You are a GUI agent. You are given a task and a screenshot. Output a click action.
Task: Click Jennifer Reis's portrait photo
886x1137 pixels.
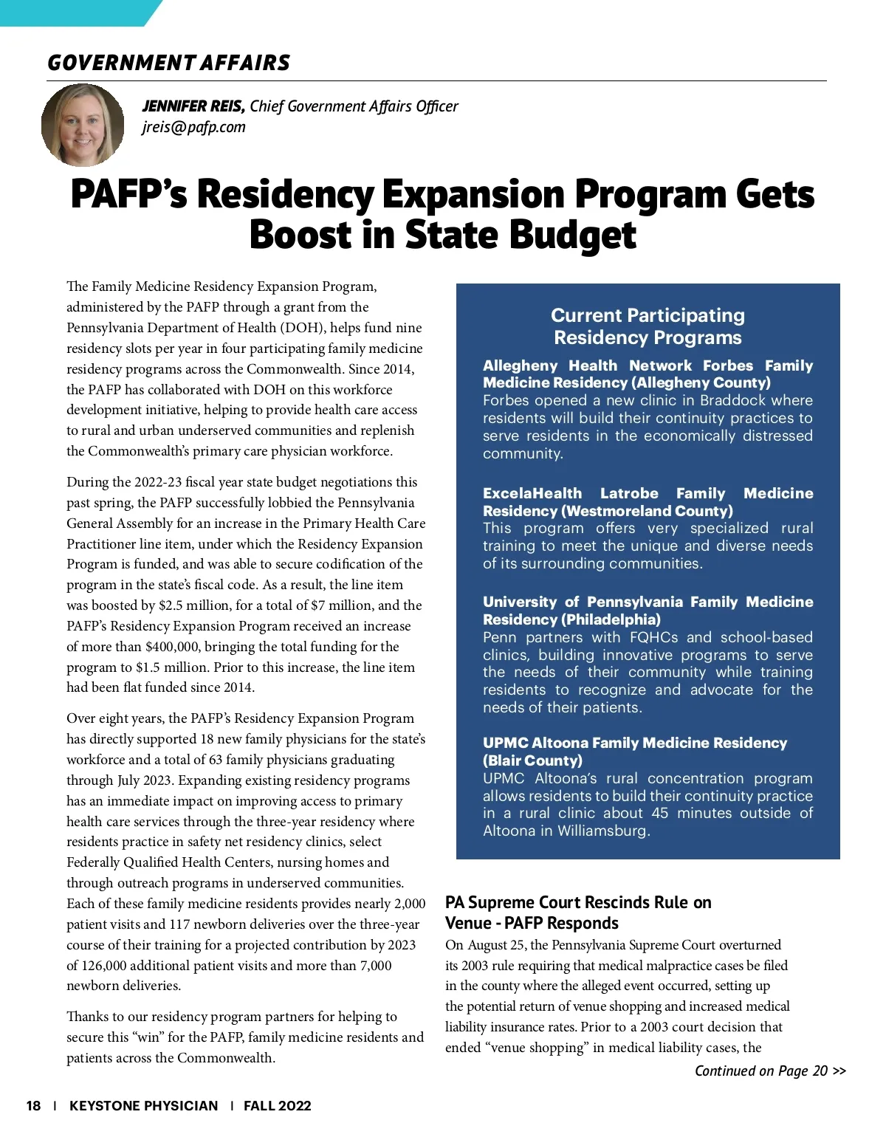point(83,125)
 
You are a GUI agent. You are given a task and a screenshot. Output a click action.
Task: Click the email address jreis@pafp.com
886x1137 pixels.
point(193,127)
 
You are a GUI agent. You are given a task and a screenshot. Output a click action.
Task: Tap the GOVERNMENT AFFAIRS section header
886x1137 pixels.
point(169,63)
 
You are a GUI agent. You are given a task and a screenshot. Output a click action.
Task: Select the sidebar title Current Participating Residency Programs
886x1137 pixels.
point(648,326)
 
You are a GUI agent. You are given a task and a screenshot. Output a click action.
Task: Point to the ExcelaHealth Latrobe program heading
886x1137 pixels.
point(648,502)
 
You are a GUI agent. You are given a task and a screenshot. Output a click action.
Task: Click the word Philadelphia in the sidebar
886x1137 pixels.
point(611,619)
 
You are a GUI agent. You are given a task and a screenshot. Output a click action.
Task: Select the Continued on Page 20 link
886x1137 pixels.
point(769,1071)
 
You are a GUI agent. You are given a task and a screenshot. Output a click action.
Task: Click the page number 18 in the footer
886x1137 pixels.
point(33,1105)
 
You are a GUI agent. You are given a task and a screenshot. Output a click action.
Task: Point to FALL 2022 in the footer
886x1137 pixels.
point(277,1105)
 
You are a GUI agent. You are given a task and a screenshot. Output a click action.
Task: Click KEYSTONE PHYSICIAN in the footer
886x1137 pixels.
point(144,1105)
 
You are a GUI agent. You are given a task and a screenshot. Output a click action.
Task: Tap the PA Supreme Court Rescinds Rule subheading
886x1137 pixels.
point(578,913)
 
